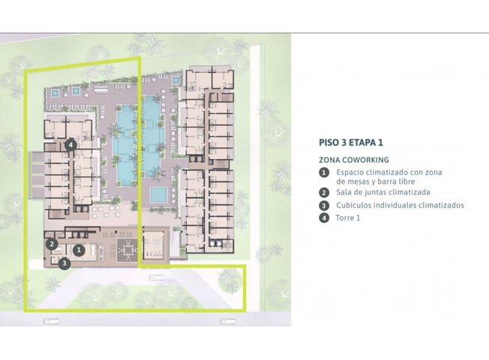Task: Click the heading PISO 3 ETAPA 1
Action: [x=351, y=142]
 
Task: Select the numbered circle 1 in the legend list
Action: [x=324, y=172]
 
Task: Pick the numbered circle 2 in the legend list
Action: [x=324, y=193]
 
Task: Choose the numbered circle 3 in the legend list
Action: [x=324, y=205]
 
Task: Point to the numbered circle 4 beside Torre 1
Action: [x=324, y=217]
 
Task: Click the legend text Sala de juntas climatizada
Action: [x=383, y=193]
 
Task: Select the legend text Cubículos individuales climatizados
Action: [x=400, y=205]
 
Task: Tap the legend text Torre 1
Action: [x=348, y=217]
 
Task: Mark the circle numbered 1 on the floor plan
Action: [x=79, y=250]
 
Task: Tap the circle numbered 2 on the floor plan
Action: [x=52, y=244]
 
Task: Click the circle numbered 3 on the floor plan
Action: [x=64, y=263]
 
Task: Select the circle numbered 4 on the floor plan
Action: [x=70, y=145]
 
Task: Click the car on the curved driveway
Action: [x=157, y=277]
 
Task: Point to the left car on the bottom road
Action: [x=51, y=321]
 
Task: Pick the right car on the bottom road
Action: [x=228, y=321]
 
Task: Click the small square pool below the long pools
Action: [x=159, y=195]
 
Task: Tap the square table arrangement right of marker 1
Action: [x=127, y=250]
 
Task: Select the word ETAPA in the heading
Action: [x=362, y=142]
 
